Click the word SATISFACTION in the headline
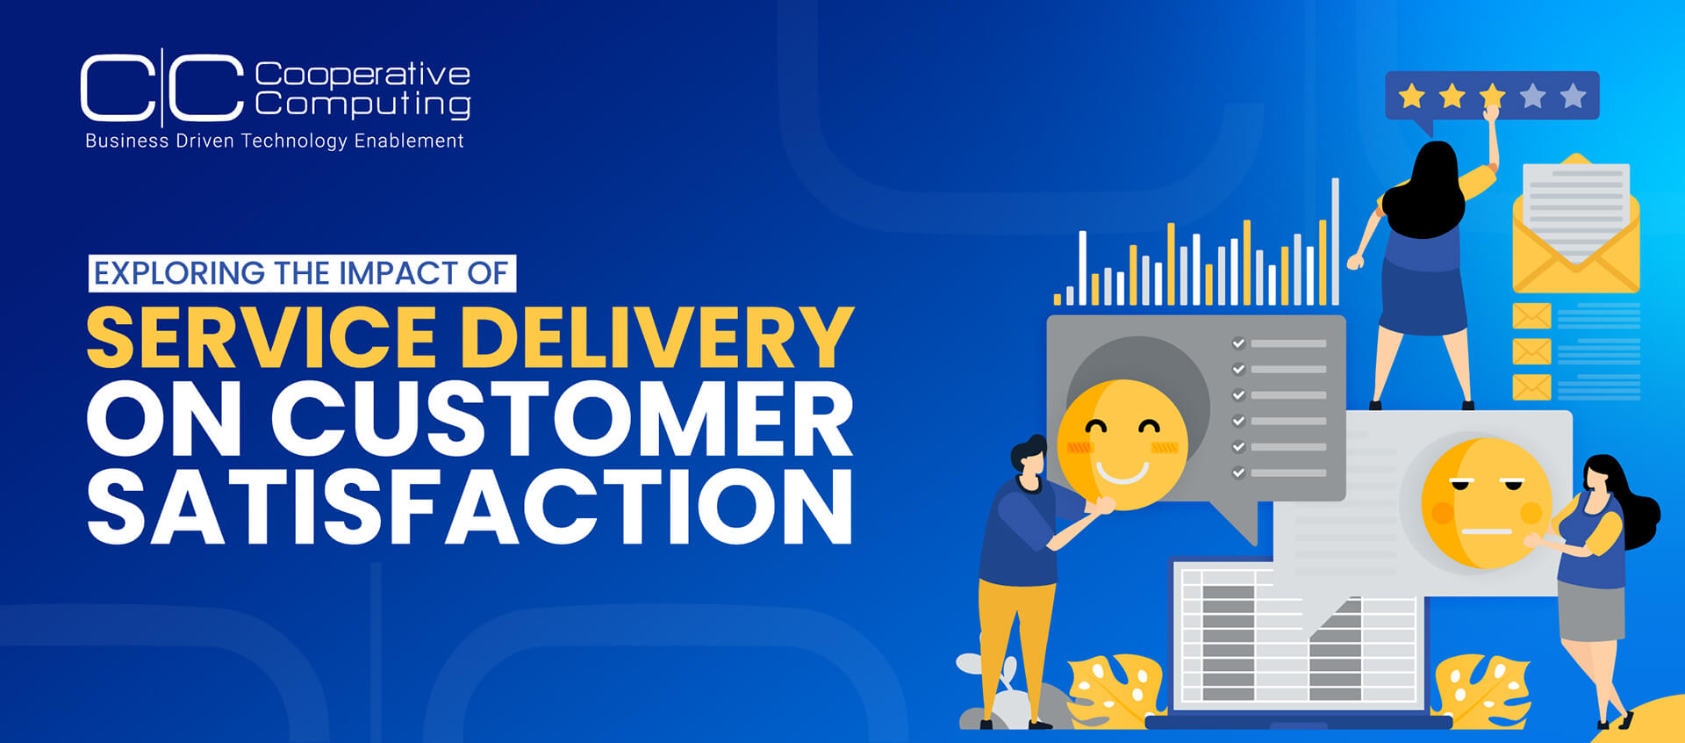pos(470,506)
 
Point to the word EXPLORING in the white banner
pos(179,273)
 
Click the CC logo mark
pos(162,87)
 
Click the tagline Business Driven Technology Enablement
pos(275,141)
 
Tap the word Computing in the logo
pos(362,104)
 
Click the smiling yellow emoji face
pos(1122,444)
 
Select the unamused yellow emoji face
pos(1486,503)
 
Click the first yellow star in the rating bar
pos(1411,95)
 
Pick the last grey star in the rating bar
pos(1573,95)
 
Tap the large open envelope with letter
pos(1576,224)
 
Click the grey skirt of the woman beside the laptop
pos(1591,611)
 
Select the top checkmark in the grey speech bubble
pos(1239,343)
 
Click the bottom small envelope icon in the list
pos(1531,386)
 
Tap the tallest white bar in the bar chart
pos(1335,242)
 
